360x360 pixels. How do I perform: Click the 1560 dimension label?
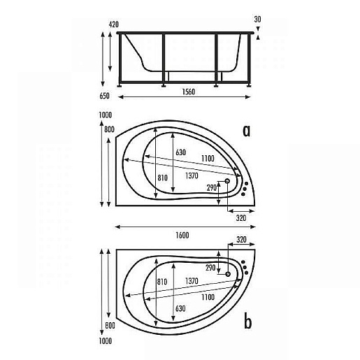188,92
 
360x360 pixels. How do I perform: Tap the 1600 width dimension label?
182,235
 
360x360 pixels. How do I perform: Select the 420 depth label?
113,24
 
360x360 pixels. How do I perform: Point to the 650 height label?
104,96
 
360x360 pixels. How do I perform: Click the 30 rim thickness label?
257,19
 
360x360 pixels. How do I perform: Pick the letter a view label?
246,131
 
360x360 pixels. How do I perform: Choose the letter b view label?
247,322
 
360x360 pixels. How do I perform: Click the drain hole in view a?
227,181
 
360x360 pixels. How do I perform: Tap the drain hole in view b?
228,274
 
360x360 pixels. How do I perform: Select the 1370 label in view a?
192,175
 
